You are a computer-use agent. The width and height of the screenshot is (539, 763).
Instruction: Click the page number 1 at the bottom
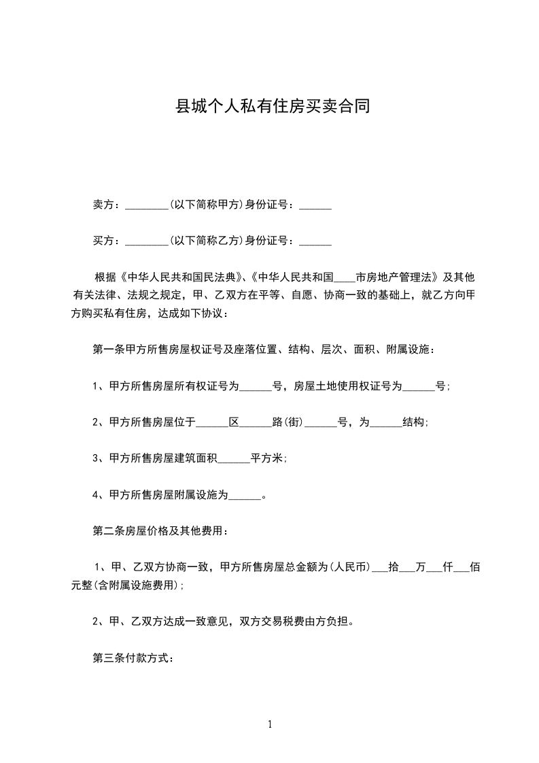(270, 724)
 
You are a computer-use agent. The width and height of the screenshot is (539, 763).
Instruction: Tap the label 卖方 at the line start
(103, 205)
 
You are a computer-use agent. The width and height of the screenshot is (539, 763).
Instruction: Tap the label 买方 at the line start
(103, 240)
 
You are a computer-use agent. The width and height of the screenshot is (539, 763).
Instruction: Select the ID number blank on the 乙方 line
(315, 241)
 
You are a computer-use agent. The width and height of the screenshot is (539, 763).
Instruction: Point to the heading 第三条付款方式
(134, 658)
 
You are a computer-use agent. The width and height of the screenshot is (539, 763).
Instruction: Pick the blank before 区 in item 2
(211, 424)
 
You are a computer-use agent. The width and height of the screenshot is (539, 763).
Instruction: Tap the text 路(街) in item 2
(286, 422)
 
